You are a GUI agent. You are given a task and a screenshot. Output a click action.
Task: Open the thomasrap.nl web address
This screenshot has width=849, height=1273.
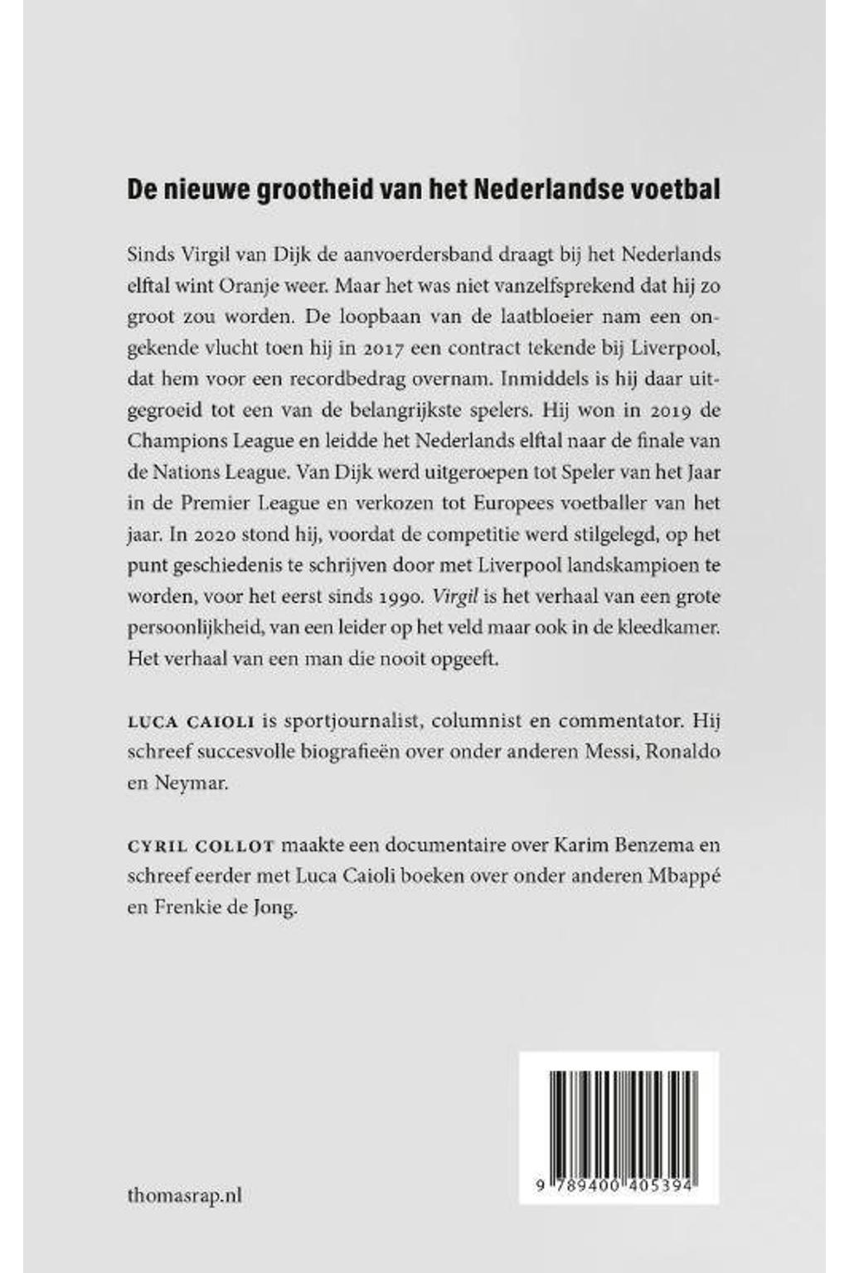(185, 1195)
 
